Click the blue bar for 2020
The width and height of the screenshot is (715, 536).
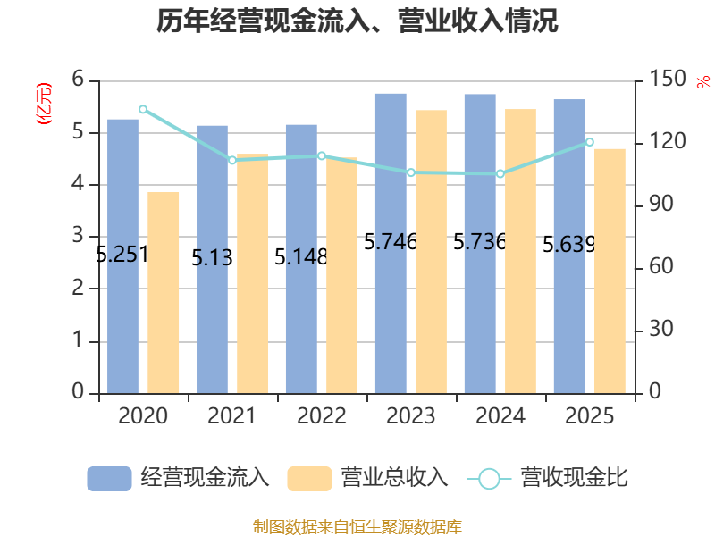tap(122, 256)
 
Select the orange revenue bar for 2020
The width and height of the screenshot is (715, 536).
tap(164, 293)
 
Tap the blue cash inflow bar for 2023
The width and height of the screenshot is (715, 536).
tap(391, 243)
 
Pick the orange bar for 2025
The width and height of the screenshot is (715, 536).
tap(610, 272)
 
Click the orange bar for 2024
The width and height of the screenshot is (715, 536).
tap(520, 251)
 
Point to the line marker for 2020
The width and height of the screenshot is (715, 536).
tap(143, 109)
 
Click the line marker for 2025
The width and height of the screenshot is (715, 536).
tap(589, 142)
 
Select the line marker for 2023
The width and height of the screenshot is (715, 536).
tap(411, 172)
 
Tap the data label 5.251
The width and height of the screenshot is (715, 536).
tap(122, 254)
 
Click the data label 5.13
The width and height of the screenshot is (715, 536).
tap(212, 257)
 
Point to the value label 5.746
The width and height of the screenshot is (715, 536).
tap(391, 241)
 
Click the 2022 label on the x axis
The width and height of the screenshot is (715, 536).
tap(322, 415)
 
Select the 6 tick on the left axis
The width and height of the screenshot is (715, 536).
tap(78, 79)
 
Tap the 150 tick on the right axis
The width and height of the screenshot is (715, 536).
tap(667, 79)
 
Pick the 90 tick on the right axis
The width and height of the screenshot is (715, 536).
tap(661, 204)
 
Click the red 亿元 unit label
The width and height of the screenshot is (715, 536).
tap(44, 104)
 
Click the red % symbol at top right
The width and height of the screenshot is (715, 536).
tap(703, 82)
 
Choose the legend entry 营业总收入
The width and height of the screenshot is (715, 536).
tap(368, 478)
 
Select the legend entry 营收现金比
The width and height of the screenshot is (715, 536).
tap(548, 478)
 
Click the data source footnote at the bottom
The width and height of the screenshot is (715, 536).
tap(357, 527)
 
